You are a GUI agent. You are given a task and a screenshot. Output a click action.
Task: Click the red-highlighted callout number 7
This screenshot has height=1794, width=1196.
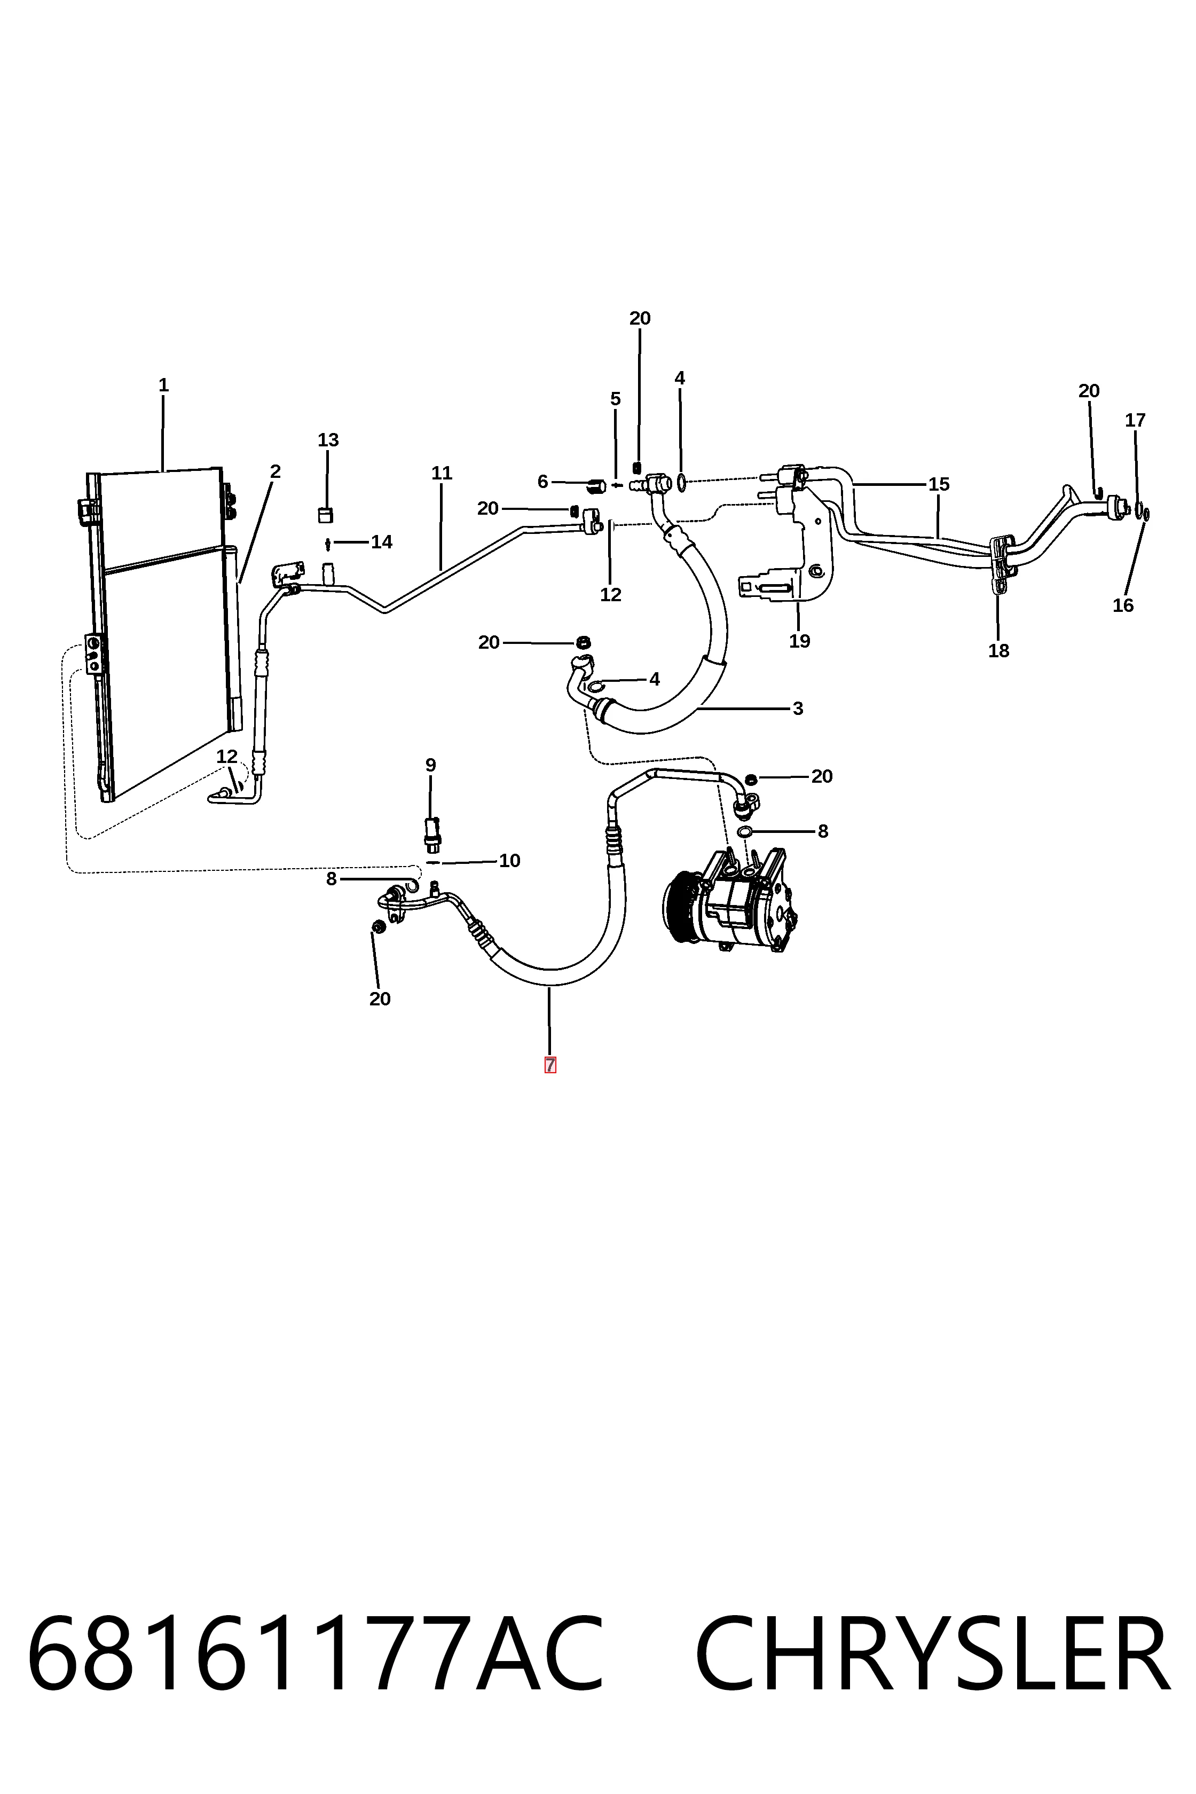tap(550, 1065)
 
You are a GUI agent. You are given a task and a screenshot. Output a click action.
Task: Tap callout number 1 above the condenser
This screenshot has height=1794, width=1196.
tap(163, 385)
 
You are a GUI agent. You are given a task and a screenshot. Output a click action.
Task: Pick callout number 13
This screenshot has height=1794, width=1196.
tap(328, 440)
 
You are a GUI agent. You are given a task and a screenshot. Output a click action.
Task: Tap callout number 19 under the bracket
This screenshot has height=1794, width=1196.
tap(799, 641)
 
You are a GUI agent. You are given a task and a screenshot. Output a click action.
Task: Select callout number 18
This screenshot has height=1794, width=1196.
tap(998, 651)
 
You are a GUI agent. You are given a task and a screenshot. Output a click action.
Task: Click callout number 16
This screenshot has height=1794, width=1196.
tap(1123, 605)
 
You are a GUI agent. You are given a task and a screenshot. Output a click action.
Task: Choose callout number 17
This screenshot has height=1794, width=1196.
tap(1136, 420)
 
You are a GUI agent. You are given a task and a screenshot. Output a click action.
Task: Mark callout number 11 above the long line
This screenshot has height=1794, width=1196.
tap(442, 473)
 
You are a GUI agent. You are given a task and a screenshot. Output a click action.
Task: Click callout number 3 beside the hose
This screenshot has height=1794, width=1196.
tap(798, 708)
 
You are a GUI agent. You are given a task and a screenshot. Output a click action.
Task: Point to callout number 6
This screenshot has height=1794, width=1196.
tap(543, 481)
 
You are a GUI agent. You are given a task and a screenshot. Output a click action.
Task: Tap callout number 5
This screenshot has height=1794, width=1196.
tap(616, 399)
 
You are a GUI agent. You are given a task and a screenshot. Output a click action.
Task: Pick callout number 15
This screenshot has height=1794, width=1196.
tap(939, 484)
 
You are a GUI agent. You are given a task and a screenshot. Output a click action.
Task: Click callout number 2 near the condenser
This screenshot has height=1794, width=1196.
tap(276, 471)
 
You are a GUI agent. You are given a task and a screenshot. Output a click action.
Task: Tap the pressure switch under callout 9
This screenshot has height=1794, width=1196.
tap(432, 833)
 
